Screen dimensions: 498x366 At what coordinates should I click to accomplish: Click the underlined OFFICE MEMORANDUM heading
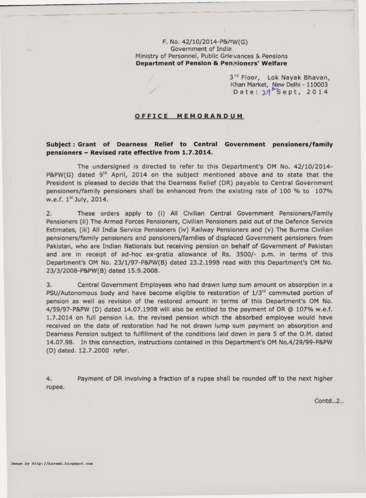coord(189,116)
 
